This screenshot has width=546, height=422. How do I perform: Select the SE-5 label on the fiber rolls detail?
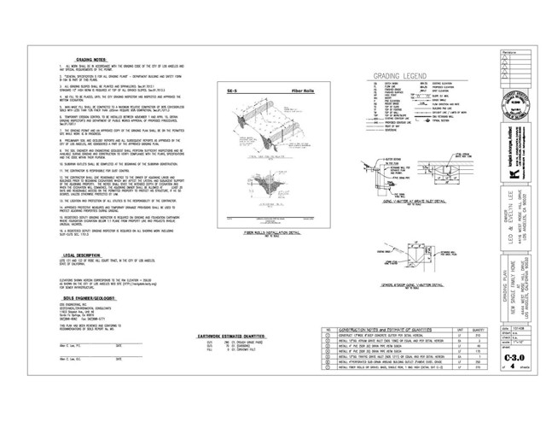(220, 86)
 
